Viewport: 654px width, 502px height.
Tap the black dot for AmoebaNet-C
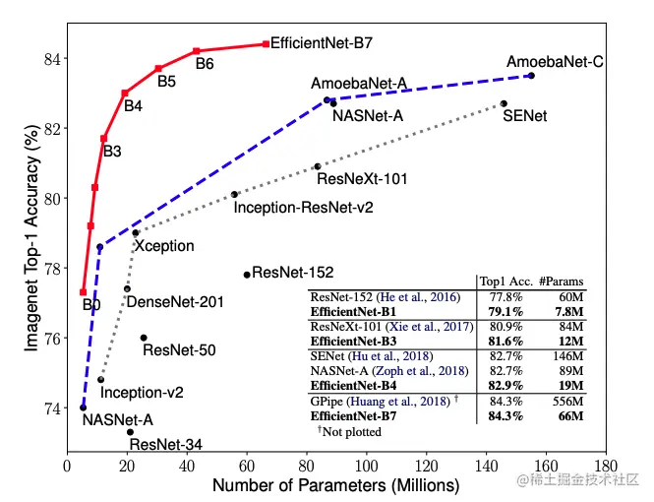531,76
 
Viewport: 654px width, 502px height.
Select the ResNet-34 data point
130,431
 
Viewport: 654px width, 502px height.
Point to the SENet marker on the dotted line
504,103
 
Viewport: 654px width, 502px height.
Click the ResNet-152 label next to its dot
293,273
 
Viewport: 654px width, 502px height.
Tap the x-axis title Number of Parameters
335,486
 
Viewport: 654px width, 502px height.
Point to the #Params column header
562,281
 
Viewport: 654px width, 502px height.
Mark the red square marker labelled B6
197,51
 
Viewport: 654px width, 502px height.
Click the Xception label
164,245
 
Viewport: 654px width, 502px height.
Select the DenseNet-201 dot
127,288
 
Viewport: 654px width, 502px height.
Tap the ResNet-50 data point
144,338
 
